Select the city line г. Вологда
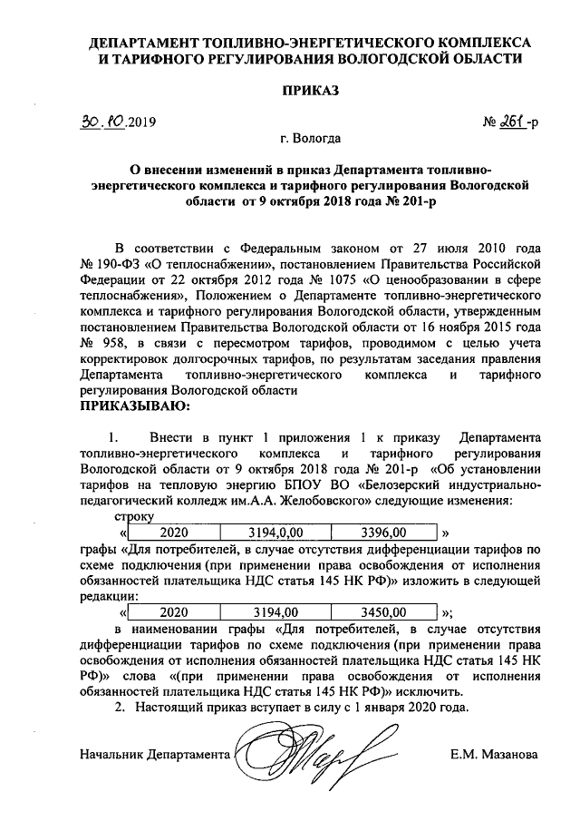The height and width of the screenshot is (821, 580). click(x=311, y=139)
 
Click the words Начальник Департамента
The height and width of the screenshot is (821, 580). click(x=154, y=754)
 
